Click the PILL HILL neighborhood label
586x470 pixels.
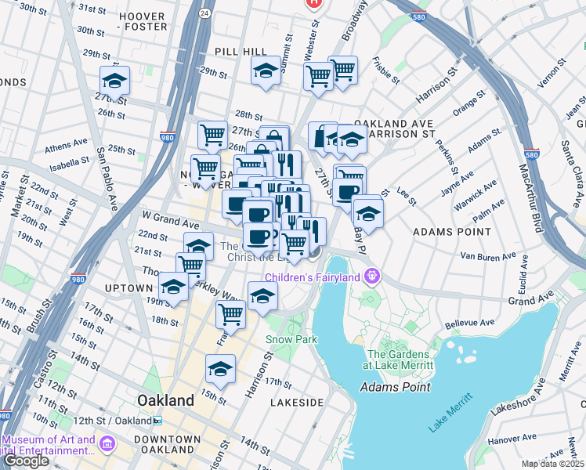(x=241, y=50)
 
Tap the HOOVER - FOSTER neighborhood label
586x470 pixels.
(x=142, y=20)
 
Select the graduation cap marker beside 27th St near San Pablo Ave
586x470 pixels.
(x=114, y=81)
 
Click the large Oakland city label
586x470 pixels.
(x=165, y=400)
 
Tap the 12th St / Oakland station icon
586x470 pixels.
(x=157, y=420)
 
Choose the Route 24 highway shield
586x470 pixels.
(x=204, y=13)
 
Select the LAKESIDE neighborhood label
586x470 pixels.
(x=297, y=402)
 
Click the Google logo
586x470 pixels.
(x=26, y=460)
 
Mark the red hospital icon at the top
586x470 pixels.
(x=315, y=3)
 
